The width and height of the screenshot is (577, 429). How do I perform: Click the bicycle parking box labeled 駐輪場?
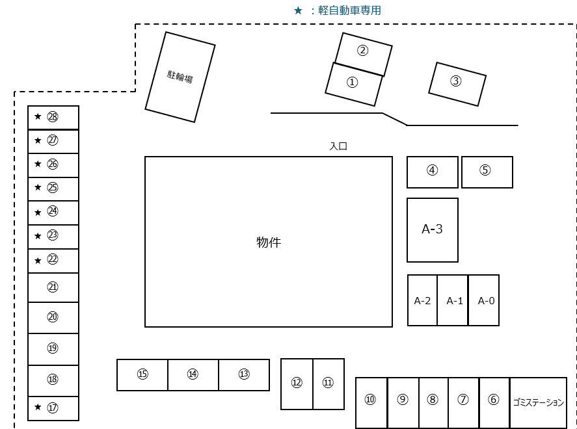click(x=180, y=77)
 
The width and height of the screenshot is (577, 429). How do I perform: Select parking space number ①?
click(x=353, y=83)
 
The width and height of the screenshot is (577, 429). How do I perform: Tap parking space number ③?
click(x=456, y=82)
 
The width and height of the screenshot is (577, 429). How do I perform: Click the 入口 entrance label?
click(x=338, y=147)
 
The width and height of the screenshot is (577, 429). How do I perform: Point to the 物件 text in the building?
click(x=269, y=242)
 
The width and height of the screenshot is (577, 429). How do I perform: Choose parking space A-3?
click(x=433, y=229)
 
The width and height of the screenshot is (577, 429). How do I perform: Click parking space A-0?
click(x=486, y=300)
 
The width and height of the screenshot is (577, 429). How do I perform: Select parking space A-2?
click(x=423, y=300)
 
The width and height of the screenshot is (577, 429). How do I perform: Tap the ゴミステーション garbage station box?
click(x=538, y=402)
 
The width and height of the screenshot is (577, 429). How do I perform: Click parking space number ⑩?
click(x=371, y=400)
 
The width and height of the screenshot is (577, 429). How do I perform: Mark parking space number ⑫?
click(x=297, y=383)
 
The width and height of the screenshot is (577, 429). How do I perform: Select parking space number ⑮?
click(x=142, y=374)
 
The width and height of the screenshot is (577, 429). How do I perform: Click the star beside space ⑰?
click(x=38, y=408)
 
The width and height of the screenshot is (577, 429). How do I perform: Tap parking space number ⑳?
click(x=53, y=317)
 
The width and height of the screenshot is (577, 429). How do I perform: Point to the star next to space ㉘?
click(x=38, y=117)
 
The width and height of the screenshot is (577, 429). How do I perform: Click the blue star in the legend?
click(x=298, y=10)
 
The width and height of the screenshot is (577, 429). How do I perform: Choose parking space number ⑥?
click(x=493, y=400)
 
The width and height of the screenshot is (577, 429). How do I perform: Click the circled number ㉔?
click(x=53, y=211)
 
